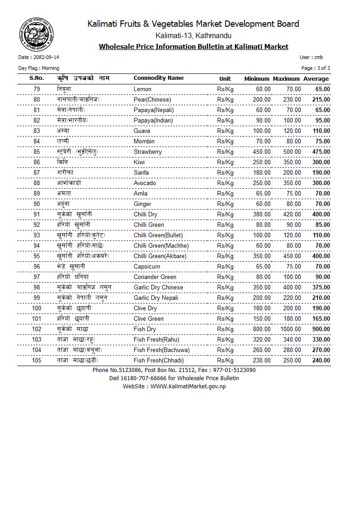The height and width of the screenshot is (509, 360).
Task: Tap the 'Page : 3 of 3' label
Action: coord(316,68)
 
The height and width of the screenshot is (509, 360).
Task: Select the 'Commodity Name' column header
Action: coord(158,78)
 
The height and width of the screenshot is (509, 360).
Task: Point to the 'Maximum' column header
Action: coord(286,79)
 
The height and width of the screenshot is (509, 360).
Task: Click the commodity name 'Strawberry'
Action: coord(147,152)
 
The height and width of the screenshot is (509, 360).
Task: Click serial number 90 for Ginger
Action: coord(37,204)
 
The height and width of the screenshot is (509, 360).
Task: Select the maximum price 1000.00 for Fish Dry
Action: coord(290,329)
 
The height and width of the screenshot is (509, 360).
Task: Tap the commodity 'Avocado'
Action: coord(145,183)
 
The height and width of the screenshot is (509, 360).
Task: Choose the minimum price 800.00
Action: coord(262,329)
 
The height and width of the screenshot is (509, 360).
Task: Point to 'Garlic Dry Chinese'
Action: coord(158,288)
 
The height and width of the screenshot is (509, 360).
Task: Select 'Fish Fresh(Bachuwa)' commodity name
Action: coord(161,350)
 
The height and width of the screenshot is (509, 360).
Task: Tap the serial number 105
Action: coord(37,361)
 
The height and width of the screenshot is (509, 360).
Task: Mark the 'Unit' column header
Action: coord(225,79)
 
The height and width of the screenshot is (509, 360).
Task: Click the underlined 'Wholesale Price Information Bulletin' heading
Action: coord(193,47)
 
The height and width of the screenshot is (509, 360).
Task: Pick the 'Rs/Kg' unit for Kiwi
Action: coord(225,162)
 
